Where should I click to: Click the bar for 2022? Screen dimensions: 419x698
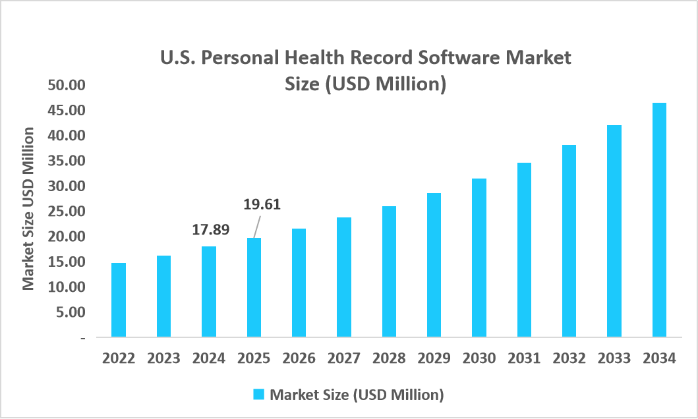coord(119,300)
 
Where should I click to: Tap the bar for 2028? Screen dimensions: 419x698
coord(389,271)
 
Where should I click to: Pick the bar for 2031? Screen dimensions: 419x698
coord(524,250)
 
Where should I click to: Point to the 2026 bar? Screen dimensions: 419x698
coord(299,283)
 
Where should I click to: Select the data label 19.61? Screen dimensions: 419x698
coord(262,204)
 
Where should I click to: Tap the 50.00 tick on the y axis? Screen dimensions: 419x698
coord(66,85)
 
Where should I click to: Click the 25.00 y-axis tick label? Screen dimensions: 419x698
coord(66,211)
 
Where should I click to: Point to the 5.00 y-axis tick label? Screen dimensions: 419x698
coord(71,312)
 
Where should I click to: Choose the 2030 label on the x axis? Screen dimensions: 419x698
coord(479,358)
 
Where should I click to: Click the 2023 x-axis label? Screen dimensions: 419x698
coord(163,358)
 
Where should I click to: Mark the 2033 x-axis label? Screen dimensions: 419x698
coord(614,358)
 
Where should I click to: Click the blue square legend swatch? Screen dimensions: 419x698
coord(259,395)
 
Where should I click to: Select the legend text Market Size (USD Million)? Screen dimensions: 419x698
coord(357,395)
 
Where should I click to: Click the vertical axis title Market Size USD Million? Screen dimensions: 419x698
coord(28,209)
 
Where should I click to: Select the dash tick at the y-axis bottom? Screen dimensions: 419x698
coord(82,337)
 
